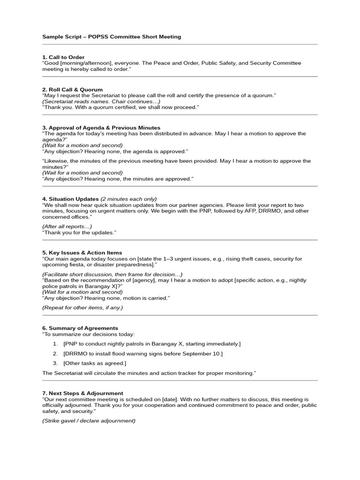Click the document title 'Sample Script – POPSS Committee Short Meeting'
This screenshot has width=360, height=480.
pos(112,37)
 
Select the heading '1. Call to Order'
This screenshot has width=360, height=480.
pos(63,57)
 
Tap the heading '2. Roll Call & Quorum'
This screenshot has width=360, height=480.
pos(72,90)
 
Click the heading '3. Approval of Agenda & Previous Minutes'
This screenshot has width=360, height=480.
pos(101,127)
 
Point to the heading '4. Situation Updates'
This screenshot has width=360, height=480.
pos(70,199)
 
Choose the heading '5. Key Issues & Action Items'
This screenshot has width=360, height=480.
pos(82,253)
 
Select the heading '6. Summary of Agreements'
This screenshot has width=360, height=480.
pos(80,328)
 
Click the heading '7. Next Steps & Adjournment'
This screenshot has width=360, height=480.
pos(82,393)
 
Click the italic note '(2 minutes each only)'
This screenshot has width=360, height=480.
pos(129,199)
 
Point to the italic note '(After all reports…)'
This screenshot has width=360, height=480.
pos(67,226)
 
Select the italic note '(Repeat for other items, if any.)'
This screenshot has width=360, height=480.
pos(82,307)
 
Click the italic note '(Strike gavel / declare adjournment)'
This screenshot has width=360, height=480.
pos(89,420)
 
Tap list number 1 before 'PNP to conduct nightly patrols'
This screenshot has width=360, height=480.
pos(55,344)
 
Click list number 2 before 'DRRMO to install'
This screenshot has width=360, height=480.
pos(55,353)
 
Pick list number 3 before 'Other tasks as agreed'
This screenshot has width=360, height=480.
pos(55,363)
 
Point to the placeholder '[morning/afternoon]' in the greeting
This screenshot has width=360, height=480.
pos(86,63)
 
